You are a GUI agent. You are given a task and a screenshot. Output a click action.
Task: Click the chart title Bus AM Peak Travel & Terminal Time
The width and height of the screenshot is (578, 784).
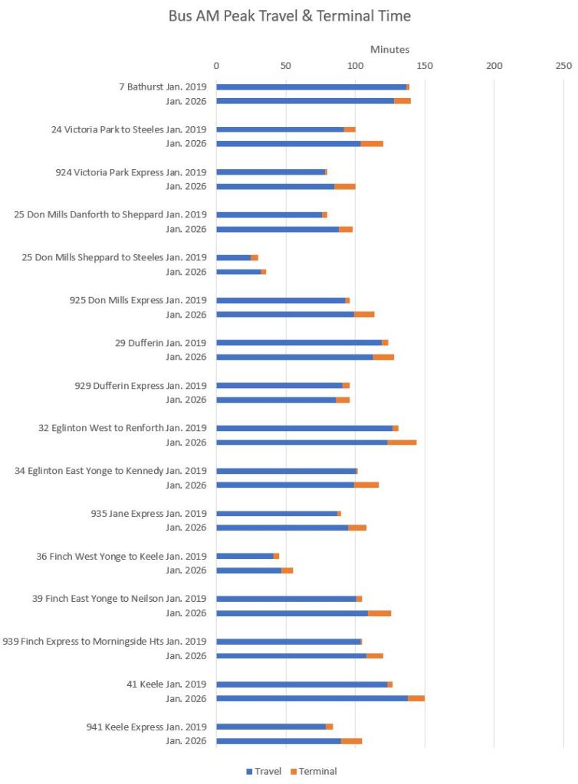point(290,15)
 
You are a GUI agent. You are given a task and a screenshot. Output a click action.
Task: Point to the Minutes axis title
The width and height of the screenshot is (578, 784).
point(389,50)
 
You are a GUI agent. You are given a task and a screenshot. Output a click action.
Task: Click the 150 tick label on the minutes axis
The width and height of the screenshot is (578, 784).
point(425,65)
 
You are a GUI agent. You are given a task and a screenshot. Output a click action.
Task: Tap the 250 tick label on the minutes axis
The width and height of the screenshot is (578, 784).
point(563,65)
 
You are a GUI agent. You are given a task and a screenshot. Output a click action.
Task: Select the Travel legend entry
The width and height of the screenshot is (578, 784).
point(264,771)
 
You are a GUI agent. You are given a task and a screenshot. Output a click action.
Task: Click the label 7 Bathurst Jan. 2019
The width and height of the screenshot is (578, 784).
point(163,87)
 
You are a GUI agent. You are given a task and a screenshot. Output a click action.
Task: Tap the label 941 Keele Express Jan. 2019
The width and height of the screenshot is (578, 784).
point(146,727)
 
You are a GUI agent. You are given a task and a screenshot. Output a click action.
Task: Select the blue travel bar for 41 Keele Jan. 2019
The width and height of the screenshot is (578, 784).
point(301,684)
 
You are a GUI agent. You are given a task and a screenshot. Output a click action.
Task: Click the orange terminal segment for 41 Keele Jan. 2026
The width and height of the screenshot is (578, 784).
point(416,698)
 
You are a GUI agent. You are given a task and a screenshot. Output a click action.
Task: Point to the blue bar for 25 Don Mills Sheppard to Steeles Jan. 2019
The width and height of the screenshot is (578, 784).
point(233,257)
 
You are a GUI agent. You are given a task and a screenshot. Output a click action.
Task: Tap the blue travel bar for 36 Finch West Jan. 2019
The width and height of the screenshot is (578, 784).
point(245,556)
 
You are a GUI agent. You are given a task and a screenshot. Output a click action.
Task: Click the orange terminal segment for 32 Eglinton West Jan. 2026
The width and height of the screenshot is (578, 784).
point(402,443)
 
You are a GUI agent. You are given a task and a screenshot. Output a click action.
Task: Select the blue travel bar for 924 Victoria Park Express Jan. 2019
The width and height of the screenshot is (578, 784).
point(271,172)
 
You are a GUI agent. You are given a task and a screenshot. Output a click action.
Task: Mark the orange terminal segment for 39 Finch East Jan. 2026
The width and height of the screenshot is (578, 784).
point(379,613)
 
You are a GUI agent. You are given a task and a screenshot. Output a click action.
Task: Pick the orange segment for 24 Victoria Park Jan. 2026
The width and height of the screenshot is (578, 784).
point(372,143)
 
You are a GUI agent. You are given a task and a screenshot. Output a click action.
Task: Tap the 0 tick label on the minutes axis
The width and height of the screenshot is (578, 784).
point(216,65)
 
